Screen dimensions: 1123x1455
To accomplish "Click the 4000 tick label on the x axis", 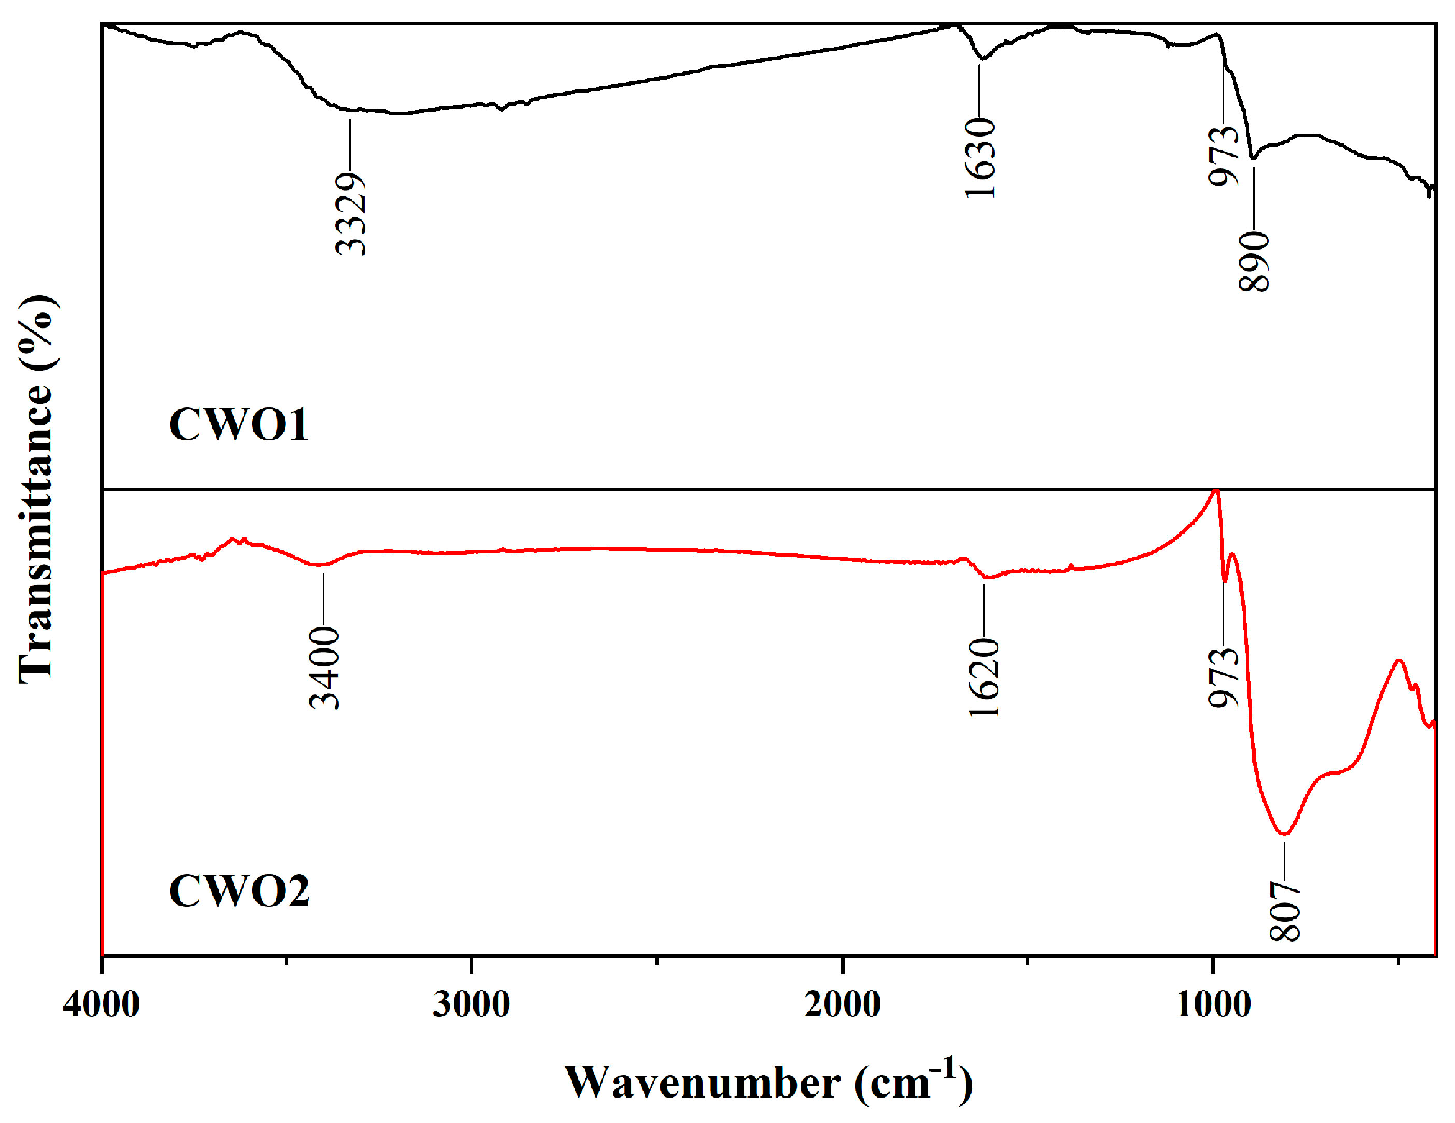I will (101, 1004).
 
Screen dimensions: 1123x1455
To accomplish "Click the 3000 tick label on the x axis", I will (471, 1004).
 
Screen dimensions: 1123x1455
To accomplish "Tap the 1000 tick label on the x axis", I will (1213, 1004).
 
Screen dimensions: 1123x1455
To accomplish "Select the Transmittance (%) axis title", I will (37, 489).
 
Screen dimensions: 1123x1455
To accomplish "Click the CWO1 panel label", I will (239, 425).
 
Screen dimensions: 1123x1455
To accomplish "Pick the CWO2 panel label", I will (239, 891).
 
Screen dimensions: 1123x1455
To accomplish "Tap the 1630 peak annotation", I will (980, 158).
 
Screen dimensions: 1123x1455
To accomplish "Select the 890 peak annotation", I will (1254, 261).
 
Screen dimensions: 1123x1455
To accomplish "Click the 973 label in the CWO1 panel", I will (1224, 157).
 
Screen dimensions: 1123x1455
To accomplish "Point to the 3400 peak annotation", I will (325, 668).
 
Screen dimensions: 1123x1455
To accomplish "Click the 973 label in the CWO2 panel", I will (1224, 678).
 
